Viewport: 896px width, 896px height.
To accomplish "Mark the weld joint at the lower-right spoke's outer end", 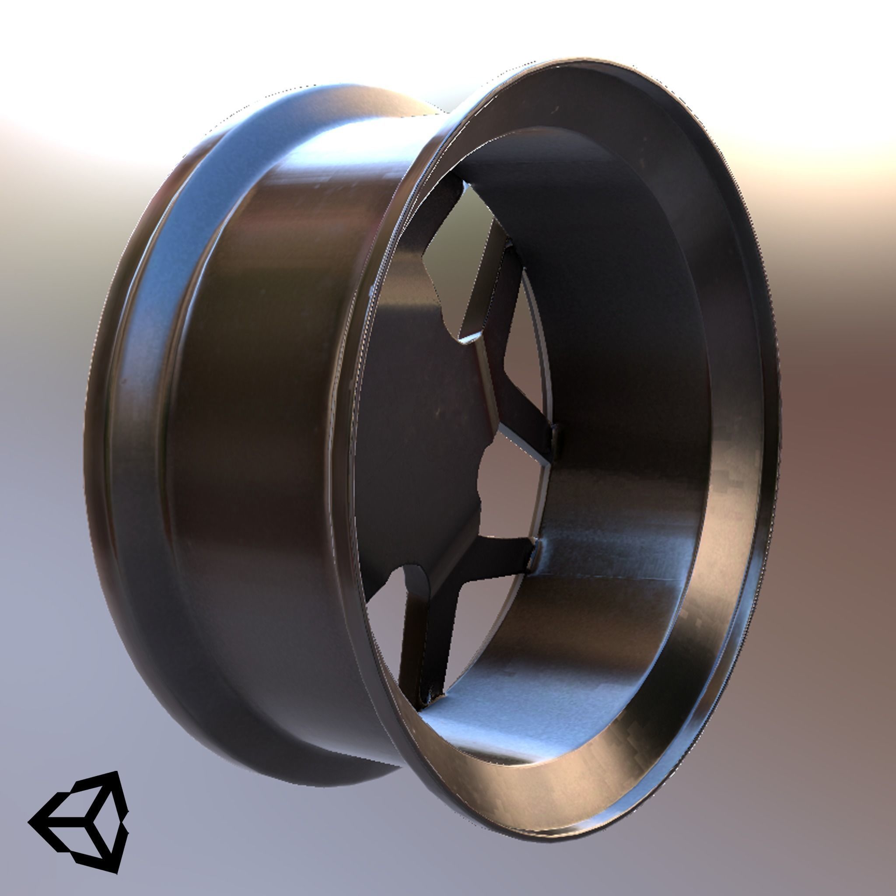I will [x=533, y=554].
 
